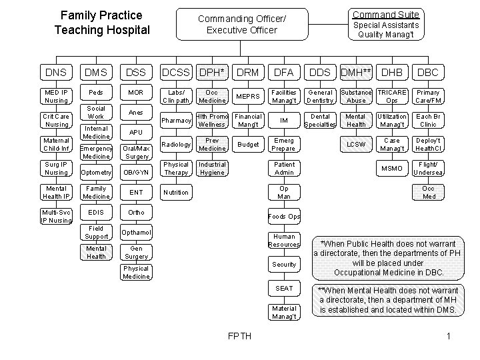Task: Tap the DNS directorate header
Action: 56,71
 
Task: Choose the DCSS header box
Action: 176,71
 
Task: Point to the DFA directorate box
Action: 284,71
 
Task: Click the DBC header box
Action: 427,71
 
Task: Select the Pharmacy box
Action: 177,121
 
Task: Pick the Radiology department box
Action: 177,145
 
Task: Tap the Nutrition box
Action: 177,193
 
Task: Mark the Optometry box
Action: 97,172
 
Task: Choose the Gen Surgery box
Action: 137,253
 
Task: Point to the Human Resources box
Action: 284,241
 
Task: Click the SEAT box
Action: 284,288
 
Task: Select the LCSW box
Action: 355,145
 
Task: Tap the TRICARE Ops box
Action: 392,97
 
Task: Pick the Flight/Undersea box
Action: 427,169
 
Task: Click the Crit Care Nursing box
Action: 56,121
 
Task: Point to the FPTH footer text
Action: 239,335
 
